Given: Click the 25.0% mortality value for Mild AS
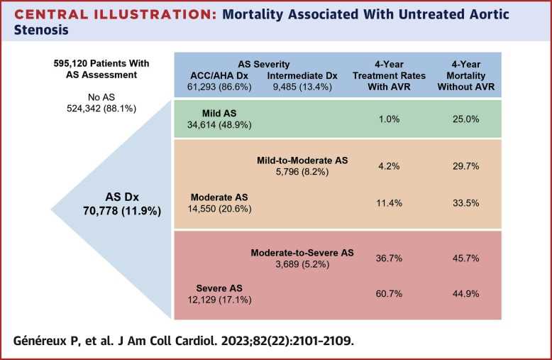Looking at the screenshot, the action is [x=465, y=119].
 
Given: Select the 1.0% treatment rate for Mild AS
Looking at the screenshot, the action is [x=389, y=119].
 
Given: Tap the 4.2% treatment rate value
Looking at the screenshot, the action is [x=389, y=166].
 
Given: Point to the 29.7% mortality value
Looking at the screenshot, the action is [x=465, y=166].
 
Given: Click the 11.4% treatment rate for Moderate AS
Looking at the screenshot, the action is [x=389, y=203].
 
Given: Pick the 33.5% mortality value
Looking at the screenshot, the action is [x=465, y=203].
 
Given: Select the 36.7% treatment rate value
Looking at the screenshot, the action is [x=389, y=258].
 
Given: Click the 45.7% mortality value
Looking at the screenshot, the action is [x=465, y=258].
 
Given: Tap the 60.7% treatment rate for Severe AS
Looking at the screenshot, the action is [x=389, y=294].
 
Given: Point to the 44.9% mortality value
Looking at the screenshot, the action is [x=465, y=294].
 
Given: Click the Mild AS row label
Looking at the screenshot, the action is [x=219, y=114].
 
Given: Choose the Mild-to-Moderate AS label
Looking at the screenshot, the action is [x=302, y=160].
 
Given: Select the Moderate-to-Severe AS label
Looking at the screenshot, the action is [x=302, y=253].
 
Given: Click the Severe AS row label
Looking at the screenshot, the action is [x=219, y=288].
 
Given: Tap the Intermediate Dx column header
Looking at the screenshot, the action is [x=302, y=76].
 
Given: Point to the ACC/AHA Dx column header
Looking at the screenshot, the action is [x=219, y=76].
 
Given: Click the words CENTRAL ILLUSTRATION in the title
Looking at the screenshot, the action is [x=116, y=14].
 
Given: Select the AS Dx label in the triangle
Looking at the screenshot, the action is [x=122, y=197].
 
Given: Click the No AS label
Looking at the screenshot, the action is [x=101, y=97].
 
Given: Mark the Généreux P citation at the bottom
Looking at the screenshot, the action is [x=184, y=341].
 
